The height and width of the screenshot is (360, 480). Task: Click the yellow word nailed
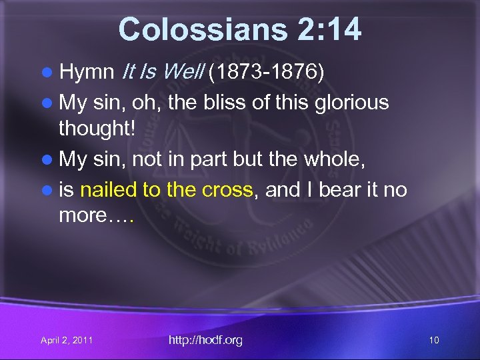point(108,191)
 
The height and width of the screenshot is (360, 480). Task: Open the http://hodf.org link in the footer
point(205,340)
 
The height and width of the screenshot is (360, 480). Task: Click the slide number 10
point(434,341)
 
